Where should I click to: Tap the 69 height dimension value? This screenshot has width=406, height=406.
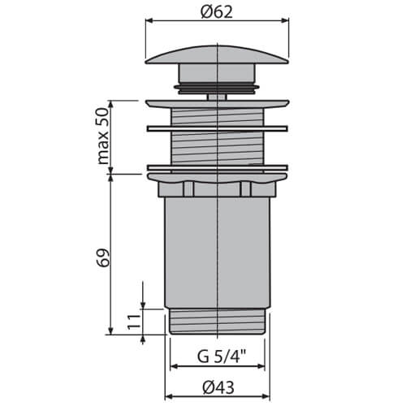(x=102, y=257)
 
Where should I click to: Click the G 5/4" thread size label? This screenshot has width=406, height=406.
(x=218, y=354)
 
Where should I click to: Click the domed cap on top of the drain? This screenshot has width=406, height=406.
(x=218, y=57)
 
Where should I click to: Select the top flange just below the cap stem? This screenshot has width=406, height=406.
(x=218, y=103)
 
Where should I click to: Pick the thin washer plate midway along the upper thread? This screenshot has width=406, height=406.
(x=218, y=127)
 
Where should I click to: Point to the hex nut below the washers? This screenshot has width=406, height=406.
(x=218, y=187)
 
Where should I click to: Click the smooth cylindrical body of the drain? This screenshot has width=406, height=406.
(x=218, y=252)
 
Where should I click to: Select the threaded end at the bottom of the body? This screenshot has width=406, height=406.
(x=218, y=321)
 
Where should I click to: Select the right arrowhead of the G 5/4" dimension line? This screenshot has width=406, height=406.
(x=266, y=342)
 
